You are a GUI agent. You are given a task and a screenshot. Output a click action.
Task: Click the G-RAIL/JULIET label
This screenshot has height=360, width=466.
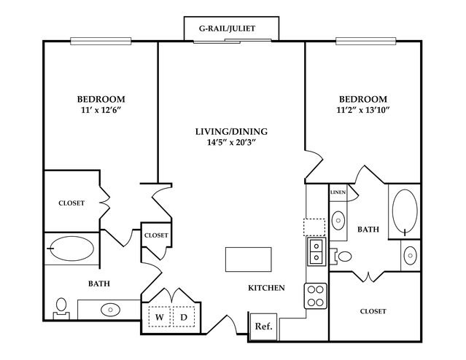(x=227, y=28)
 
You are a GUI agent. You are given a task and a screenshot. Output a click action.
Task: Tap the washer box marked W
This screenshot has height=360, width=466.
(x=159, y=316)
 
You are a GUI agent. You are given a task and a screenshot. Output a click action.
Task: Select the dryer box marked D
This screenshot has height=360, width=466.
(x=184, y=316)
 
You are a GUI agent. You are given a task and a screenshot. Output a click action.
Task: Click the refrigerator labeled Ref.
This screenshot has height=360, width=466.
(x=263, y=326)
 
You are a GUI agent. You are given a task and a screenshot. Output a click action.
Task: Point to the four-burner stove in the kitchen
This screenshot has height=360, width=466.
(x=315, y=296)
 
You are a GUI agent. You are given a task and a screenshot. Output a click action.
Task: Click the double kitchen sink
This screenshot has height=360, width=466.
(x=317, y=251)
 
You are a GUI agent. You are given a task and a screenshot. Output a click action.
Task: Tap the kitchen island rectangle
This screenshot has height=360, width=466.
(x=249, y=259)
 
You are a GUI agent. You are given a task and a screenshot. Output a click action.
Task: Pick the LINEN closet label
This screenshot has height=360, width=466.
(x=338, y=192)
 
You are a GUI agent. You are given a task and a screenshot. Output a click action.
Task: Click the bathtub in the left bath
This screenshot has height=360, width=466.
(x=71, y=249)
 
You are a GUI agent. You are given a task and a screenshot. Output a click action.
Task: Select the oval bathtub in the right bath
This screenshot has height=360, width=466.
(x=405, y=211)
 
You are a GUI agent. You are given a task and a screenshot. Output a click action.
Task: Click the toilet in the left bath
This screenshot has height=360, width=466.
(x=61, y=308)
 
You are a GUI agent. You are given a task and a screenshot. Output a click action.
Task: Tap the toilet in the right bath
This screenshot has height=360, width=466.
(x=341, y=256)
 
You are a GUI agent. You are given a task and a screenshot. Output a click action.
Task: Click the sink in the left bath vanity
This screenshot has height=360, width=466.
(x=110, y=310)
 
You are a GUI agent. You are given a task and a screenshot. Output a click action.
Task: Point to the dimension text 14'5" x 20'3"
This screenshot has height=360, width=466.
(x=231, y=143)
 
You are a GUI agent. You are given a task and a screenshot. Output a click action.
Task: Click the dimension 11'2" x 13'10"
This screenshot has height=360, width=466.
(x=363, y=110)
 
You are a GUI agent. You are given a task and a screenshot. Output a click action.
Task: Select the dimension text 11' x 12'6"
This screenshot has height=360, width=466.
(x=101, y=110)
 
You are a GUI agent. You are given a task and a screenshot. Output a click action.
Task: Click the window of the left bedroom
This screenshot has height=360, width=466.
(x=101, y=41)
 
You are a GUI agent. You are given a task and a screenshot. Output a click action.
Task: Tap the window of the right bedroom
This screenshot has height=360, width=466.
(x=366, y=41)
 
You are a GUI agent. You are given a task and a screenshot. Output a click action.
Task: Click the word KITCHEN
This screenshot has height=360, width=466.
(x=266, y=288)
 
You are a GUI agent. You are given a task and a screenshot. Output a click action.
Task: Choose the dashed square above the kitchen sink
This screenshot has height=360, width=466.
(x=314, y=227)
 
